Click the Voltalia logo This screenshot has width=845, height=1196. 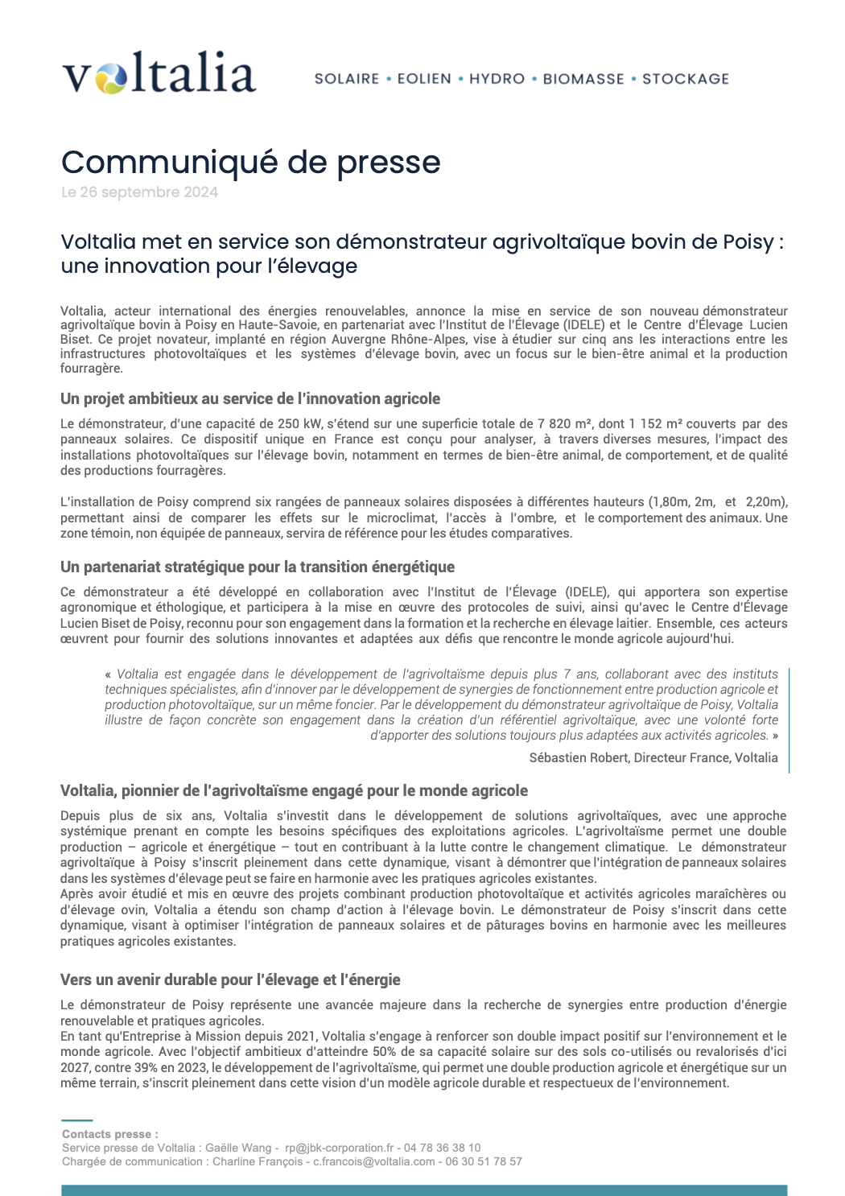[x=159, y=73]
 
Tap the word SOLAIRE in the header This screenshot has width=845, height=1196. [x=347, y=79]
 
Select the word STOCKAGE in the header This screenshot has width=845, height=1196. [x=686, y=79]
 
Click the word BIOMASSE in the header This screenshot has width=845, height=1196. [x=583, y=79]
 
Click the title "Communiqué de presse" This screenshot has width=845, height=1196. [x=250, y=163]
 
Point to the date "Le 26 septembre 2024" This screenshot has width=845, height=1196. [x=139, y=192]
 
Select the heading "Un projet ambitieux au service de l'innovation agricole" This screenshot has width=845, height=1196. [x=250, y=399]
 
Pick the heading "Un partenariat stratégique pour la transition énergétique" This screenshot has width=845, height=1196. [x=258, y=567]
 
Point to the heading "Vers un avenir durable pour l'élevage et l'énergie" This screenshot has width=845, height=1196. [x=230, y=980]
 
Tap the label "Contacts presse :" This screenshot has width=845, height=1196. [x=110, y=1134]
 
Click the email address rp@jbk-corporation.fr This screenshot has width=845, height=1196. [x=340, y=1148]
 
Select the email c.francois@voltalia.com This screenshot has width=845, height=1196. [x=374, y=1161]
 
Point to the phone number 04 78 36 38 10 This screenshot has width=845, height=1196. [x=443, y=1148]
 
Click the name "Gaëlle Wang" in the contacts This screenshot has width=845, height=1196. [x=238, y=1148]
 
